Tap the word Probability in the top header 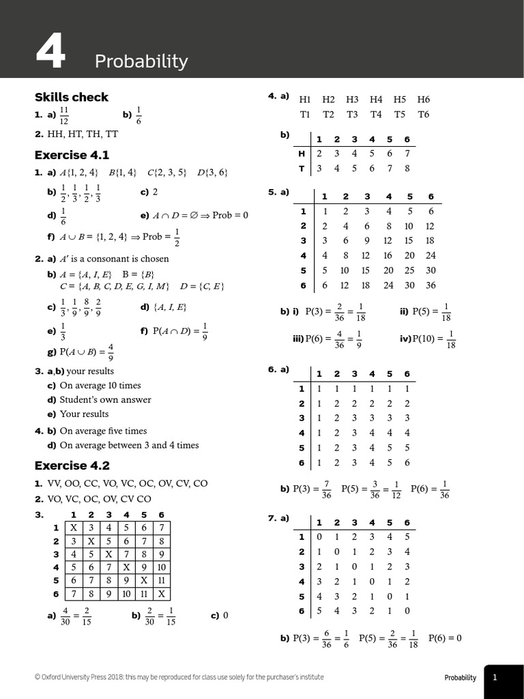point(141,61)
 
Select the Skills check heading point(72,97)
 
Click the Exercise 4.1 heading point(72,155)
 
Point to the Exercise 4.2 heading point(72,466)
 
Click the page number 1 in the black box point(495,677)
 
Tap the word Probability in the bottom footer point(460,678)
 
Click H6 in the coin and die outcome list point(423,100)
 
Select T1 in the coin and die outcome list point(305,114)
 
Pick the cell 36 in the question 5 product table point(430,285)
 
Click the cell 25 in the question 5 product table point(409,270)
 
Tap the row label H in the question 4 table point(301,154)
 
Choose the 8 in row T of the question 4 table point(407,168)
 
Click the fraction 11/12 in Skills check point(64,115)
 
